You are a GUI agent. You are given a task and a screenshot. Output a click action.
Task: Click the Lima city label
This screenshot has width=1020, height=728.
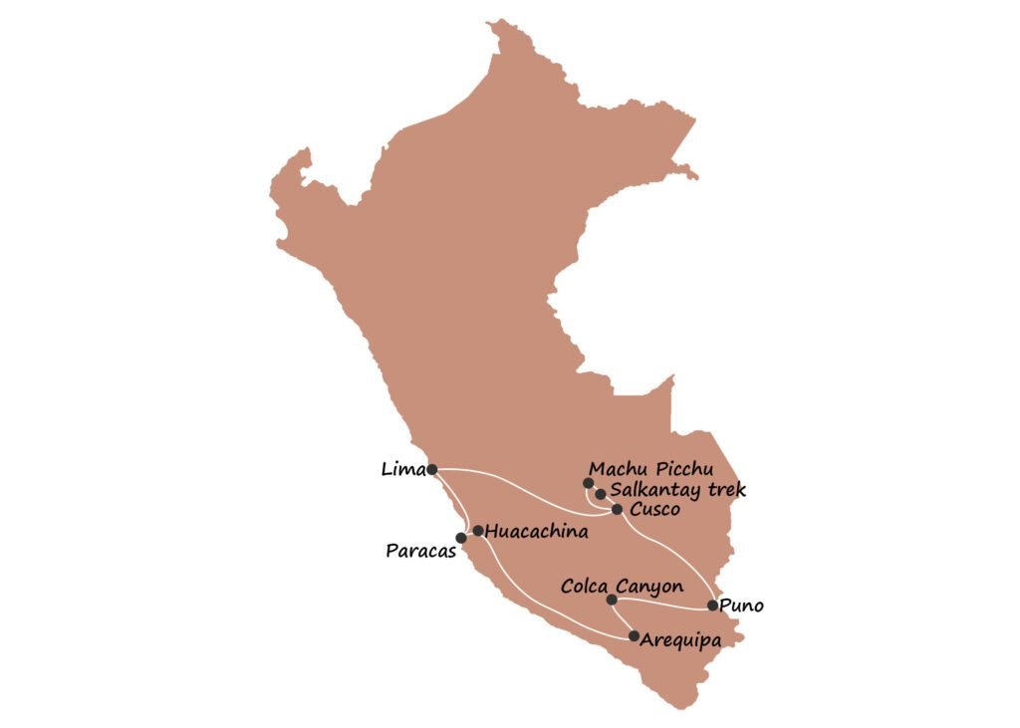click(x=402, y=468)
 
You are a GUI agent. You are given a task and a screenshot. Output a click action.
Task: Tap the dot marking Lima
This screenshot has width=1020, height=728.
click(x=431, y=468)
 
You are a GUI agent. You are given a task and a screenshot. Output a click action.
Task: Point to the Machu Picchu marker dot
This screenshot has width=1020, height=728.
click(x=588, y=483)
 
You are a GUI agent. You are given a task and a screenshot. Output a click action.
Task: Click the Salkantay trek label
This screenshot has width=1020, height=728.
click(x=677, y=489)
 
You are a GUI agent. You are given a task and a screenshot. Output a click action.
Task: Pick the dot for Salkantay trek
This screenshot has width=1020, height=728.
click(x=601, y=494)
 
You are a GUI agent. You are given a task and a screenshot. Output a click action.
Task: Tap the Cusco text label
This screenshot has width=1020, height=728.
click(x=655, y=510)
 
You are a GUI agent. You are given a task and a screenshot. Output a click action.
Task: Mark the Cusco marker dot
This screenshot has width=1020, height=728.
click(x=618, y=509)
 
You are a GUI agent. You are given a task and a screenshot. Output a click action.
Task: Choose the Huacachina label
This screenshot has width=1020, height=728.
click(x=537, y=532)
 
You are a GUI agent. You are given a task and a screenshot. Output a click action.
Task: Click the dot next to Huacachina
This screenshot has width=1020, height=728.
click(x=478, y=531)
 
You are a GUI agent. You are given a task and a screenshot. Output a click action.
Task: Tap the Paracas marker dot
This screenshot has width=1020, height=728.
click(x=461, y=538)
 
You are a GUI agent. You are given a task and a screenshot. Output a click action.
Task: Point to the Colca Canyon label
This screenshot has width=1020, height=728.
click(x=622, y=587)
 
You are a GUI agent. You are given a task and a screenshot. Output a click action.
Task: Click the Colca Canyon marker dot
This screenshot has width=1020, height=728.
click(x=612, y=600)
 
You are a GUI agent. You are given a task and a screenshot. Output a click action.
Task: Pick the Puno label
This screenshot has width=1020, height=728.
click(x=742, y=604)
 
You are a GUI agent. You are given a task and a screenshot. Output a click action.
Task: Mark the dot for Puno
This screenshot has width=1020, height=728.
click(x=712, y=605)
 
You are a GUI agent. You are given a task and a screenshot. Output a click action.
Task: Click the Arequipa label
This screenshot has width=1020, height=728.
click(x=681, y=638)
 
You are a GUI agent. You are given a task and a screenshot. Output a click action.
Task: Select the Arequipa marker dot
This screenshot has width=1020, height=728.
click(x=634, y=635)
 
